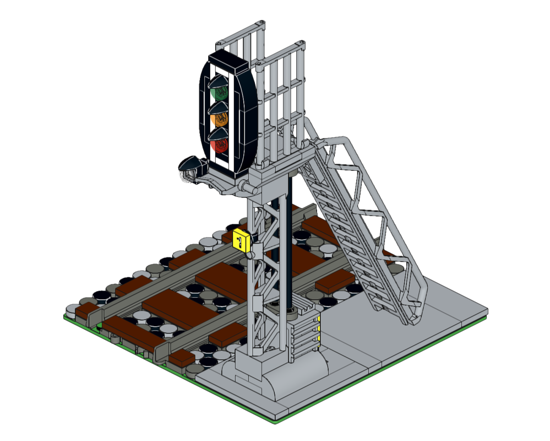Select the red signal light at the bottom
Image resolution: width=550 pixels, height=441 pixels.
click(x=220, y=144)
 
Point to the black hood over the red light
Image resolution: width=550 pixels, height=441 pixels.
click(x=219, y=134)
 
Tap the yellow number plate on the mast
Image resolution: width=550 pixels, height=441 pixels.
click(x=241, y=240)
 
